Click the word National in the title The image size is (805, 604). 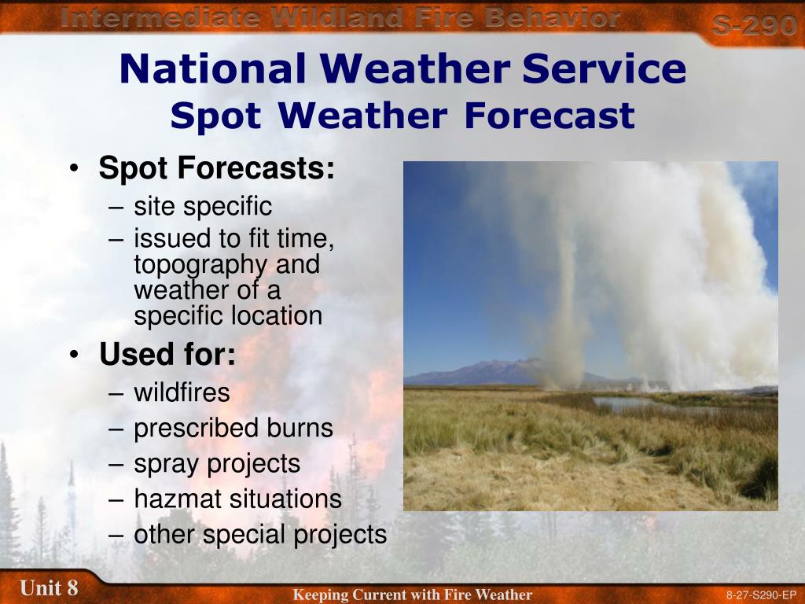[213, 68]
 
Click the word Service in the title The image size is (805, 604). [605, 68]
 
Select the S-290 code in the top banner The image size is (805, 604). [754, 24]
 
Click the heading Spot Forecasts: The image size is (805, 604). [217, 168]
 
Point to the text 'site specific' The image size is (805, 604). [203, 207]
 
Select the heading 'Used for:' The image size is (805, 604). [167, 354]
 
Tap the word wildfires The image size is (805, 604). [182, 393]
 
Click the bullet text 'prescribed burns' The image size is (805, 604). [233, 429]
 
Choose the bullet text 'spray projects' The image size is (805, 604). [217, 464]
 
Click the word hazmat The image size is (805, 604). [178, 499]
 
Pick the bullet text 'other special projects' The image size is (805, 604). [260, 535]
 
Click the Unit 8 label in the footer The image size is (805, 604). [50, 587]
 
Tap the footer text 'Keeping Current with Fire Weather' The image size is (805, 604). [412, 595]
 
